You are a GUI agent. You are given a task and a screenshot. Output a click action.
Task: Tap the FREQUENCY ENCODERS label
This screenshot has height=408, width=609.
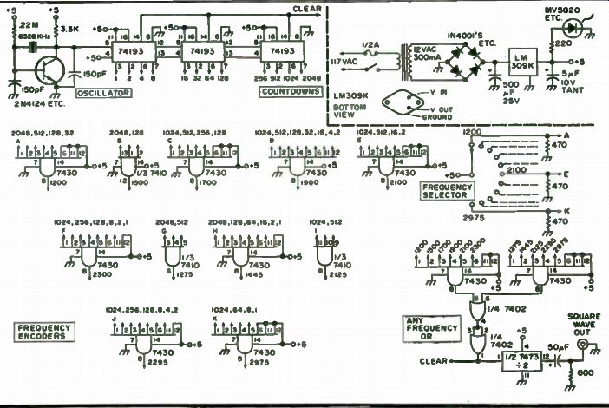[x=45, y=332]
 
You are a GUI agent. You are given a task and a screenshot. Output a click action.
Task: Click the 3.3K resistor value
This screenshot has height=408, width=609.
[x=72, y=29]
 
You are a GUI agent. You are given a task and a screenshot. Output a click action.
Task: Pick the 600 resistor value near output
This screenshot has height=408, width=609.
[x=586, y=374]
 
